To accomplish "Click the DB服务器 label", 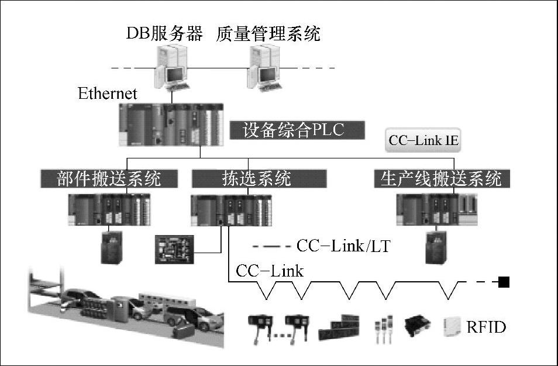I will click(x=164, y=33).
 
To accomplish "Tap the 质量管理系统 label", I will click(x=268, y=33).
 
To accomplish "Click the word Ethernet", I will click(x=108, y=94).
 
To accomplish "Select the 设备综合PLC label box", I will click(x=297, y=130).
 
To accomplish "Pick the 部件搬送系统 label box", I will click(x=109, y=178).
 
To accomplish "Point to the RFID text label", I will click(x=485, y=326).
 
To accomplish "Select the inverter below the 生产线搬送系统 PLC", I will click(x=437, y=248).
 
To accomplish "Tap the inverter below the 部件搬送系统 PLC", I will click(x=111, y=246).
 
